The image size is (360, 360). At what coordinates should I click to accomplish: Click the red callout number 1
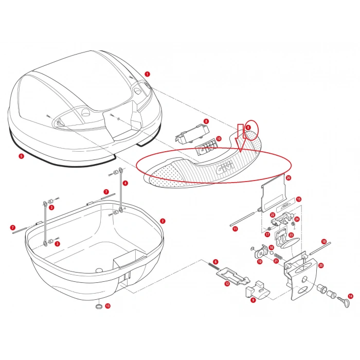[147, 74]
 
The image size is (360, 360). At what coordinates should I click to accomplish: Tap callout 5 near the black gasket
[21, 156]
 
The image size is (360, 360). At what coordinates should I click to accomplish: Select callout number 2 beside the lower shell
[163, 221]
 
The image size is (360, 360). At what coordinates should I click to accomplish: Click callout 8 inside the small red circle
[248, 127]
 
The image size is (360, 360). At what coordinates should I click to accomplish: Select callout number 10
[219, 139]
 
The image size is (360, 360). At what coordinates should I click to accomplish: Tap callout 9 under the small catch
[253, 300]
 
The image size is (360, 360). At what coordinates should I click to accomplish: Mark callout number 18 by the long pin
[324, 241]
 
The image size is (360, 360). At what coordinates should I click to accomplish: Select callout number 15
[299, 199]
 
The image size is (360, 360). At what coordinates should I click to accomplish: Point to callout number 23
[291, 235]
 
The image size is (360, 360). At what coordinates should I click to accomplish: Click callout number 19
[260, 261]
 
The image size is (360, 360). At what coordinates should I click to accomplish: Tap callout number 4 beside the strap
[126, 183]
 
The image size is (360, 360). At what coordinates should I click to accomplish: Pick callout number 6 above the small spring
[216, 262]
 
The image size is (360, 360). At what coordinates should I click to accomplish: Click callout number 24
[297, 219]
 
